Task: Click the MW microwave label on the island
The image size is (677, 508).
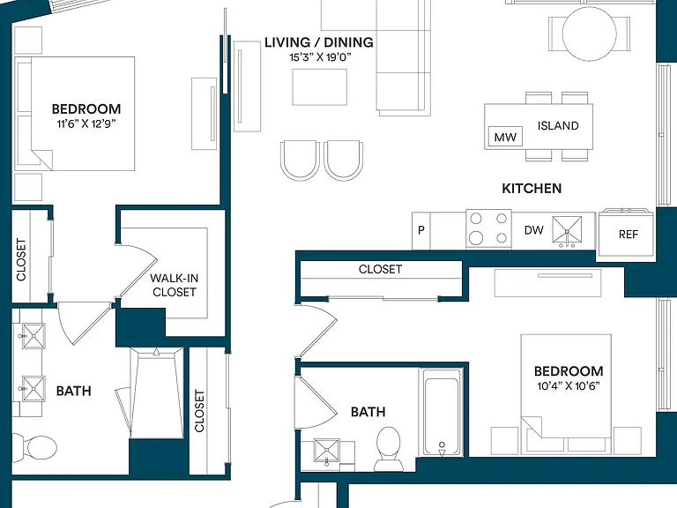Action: (505, 138)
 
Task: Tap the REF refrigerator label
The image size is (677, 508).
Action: (629, 235)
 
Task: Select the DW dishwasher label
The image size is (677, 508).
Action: (533, 230)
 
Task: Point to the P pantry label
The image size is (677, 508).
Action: (421, 230)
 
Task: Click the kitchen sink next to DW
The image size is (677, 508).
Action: (567, 231)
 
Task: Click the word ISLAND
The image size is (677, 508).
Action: (558, 126)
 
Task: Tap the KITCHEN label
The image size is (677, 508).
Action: (532, 189)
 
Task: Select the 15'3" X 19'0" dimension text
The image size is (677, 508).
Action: (320, 57)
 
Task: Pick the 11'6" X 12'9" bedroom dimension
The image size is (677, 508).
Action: (86, 124)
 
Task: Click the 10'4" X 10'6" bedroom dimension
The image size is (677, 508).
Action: (569, 386)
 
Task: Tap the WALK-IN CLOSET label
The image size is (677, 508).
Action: (175, 285)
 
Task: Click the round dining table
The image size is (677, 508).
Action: (590, 34)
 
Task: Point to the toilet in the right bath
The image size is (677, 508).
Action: (388, 448)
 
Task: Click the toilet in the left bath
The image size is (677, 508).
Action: (34, 445)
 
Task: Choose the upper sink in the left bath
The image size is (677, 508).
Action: (33, 336)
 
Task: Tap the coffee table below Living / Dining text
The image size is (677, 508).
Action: (319, 86)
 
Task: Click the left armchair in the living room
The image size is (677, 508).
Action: (300, 160)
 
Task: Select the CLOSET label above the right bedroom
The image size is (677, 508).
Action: (381, 270)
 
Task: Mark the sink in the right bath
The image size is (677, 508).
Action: (326, 451)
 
